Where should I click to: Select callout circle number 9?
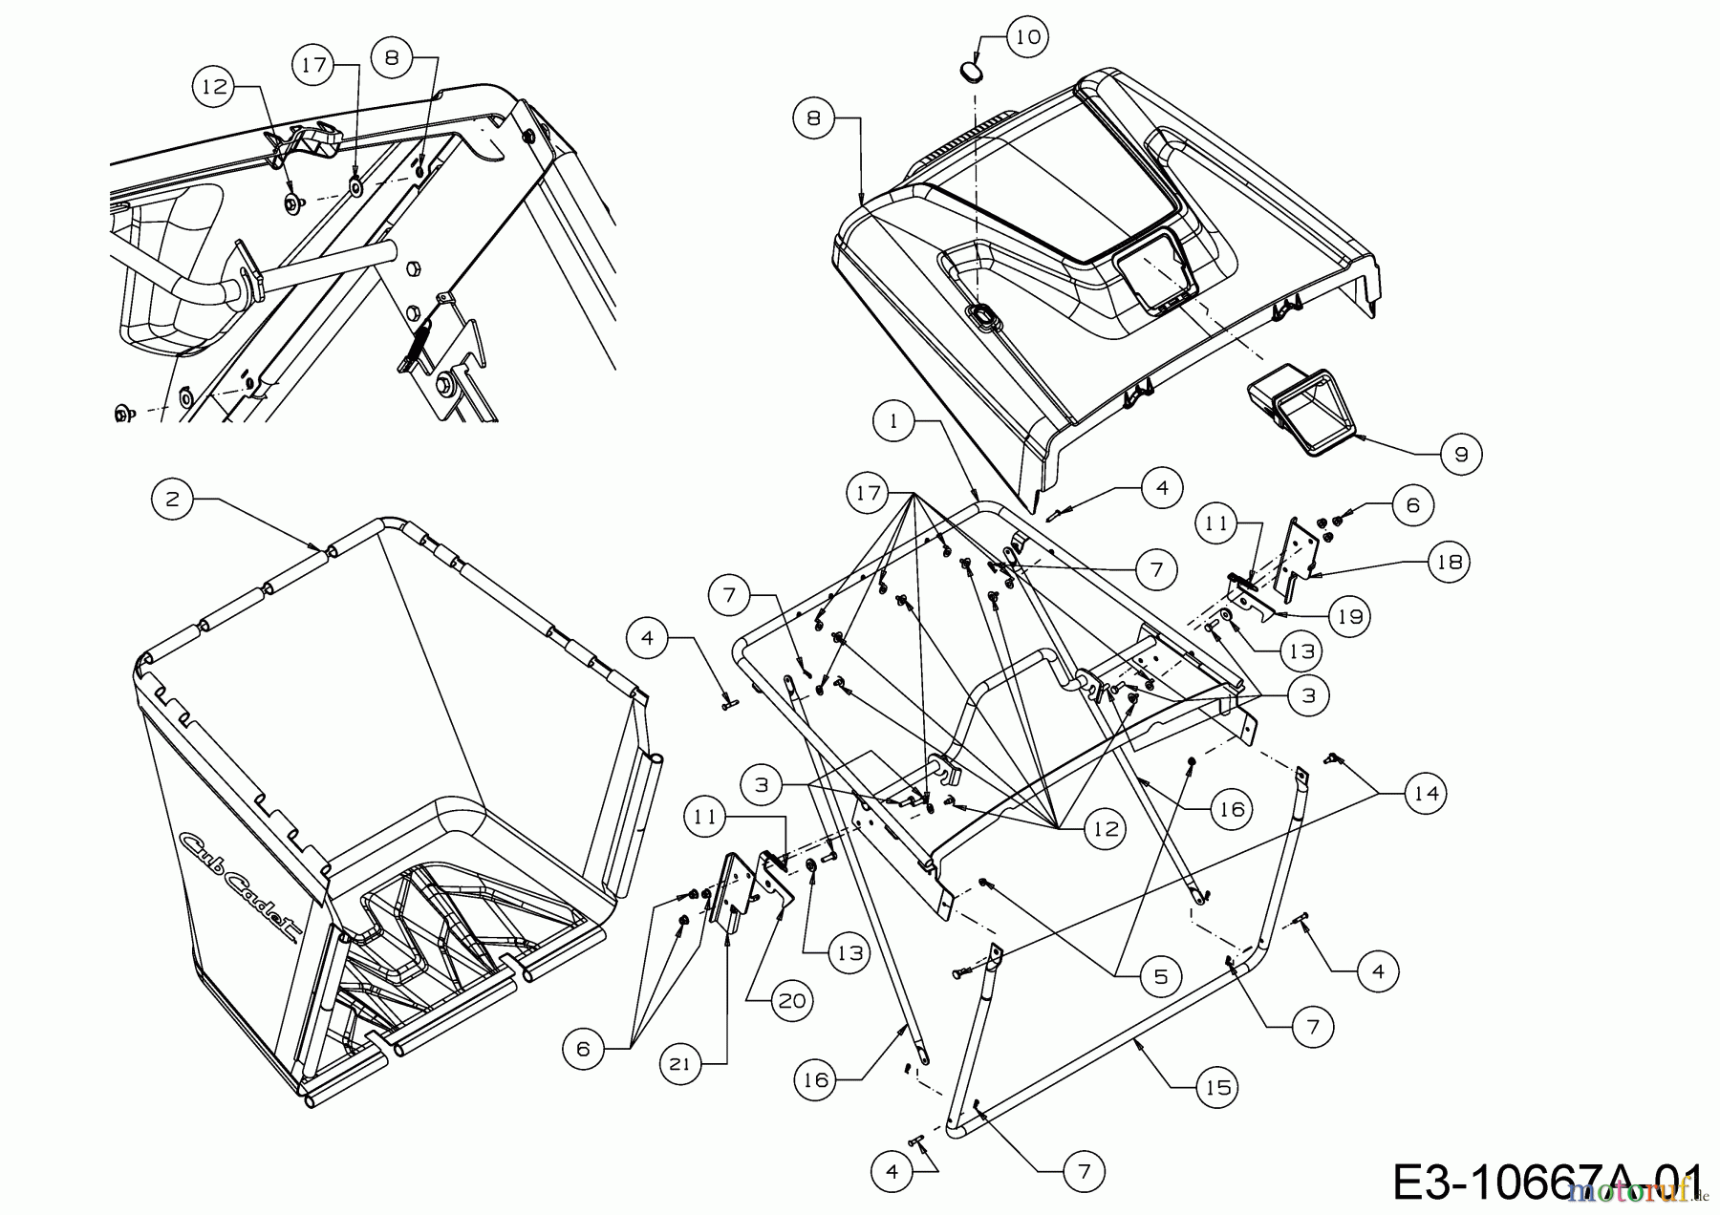tap(1461, 455)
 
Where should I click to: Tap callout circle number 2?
tap(173, 500)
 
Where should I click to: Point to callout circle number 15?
tap(1216, 1086)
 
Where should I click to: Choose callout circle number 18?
tap(1450, 562)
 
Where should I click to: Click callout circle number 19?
tap(1349, 617)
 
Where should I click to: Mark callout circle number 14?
tap(1425, 793)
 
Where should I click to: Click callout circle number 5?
tap(1160, 976)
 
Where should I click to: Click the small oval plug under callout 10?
tap(969, 72)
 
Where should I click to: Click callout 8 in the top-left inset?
tap(392, 56)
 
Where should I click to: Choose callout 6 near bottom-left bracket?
tap(584, 1049)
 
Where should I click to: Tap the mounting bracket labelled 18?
tap(1295, 560)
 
